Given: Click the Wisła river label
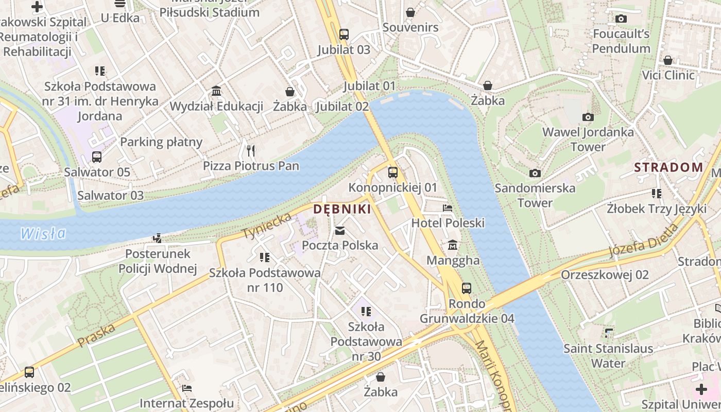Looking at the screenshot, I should [x=43, y=234].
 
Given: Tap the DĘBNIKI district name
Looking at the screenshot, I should [x=342, y=209].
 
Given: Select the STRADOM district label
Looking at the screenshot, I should [x=668, y=167].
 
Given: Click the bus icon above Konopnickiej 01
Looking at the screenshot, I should [x=392, y=172].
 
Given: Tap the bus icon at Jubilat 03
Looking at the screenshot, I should [x=344, y=35].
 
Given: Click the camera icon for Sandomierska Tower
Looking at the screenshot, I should [x=535, y=173].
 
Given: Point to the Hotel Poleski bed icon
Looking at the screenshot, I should [x=448, y=208].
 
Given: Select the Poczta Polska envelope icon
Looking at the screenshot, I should [x=340, y=230].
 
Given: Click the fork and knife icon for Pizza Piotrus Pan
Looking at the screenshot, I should [x=251, y=150].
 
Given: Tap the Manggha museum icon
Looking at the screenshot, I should [x=453, y=245].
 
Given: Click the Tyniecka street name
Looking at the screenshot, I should [x=267, y=226].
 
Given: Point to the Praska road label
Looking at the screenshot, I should [x=96, y=335].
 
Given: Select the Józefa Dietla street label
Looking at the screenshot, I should [x=644, y=240].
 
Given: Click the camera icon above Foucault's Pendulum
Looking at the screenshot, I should [x=621, y=19].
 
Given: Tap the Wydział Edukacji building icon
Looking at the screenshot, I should [x=216, y=91].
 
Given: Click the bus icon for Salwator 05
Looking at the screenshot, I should [x=97, y=157].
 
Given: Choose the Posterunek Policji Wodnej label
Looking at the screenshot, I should [x=158, y=261].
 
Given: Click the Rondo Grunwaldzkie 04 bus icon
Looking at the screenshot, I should [x=467, y=288].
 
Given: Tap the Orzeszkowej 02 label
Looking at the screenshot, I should [x=605, y=274].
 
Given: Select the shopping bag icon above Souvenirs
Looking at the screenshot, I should [x=410, y=12].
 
